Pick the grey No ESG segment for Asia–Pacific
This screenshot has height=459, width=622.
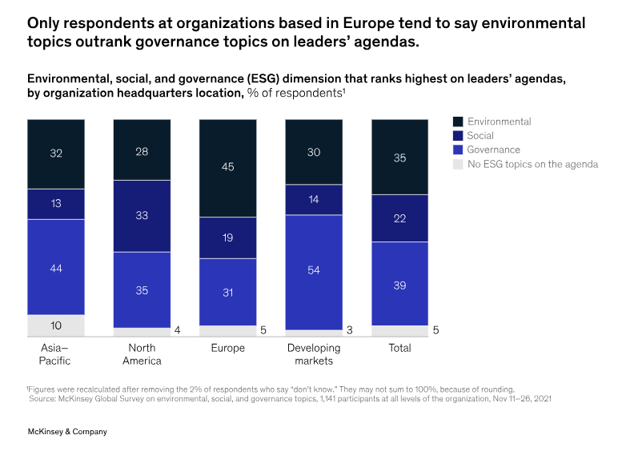[x=56, y=325]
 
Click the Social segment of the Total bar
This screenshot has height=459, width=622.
[x=399, y=218]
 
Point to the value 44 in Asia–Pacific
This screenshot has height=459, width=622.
[x=56, y=269]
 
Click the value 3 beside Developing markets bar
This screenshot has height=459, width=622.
[x=350, y=329]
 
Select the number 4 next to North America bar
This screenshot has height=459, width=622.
[x=178, y=329]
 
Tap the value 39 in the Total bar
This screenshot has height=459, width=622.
[x=399, y=285]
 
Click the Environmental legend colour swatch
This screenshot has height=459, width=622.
[x=457, y=122]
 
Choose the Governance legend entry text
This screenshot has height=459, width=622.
[x=494, y=150]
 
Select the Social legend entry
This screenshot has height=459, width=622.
[x=481, y=136]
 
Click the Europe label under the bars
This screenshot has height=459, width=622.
[x=228, y=348]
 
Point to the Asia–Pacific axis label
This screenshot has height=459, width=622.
[x=55, y=354]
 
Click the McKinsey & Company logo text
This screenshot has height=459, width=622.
[x=67, y=432]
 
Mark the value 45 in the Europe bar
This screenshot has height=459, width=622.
[x=228, y=167]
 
